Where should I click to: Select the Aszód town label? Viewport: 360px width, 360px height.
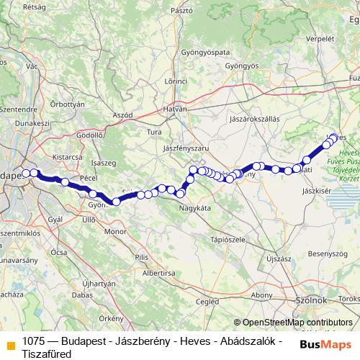(123, 115)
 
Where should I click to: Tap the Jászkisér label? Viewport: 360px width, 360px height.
(318, 192)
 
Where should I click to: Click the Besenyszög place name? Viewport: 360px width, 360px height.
(328, 254)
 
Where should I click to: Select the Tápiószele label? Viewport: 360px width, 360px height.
(222, 238)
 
